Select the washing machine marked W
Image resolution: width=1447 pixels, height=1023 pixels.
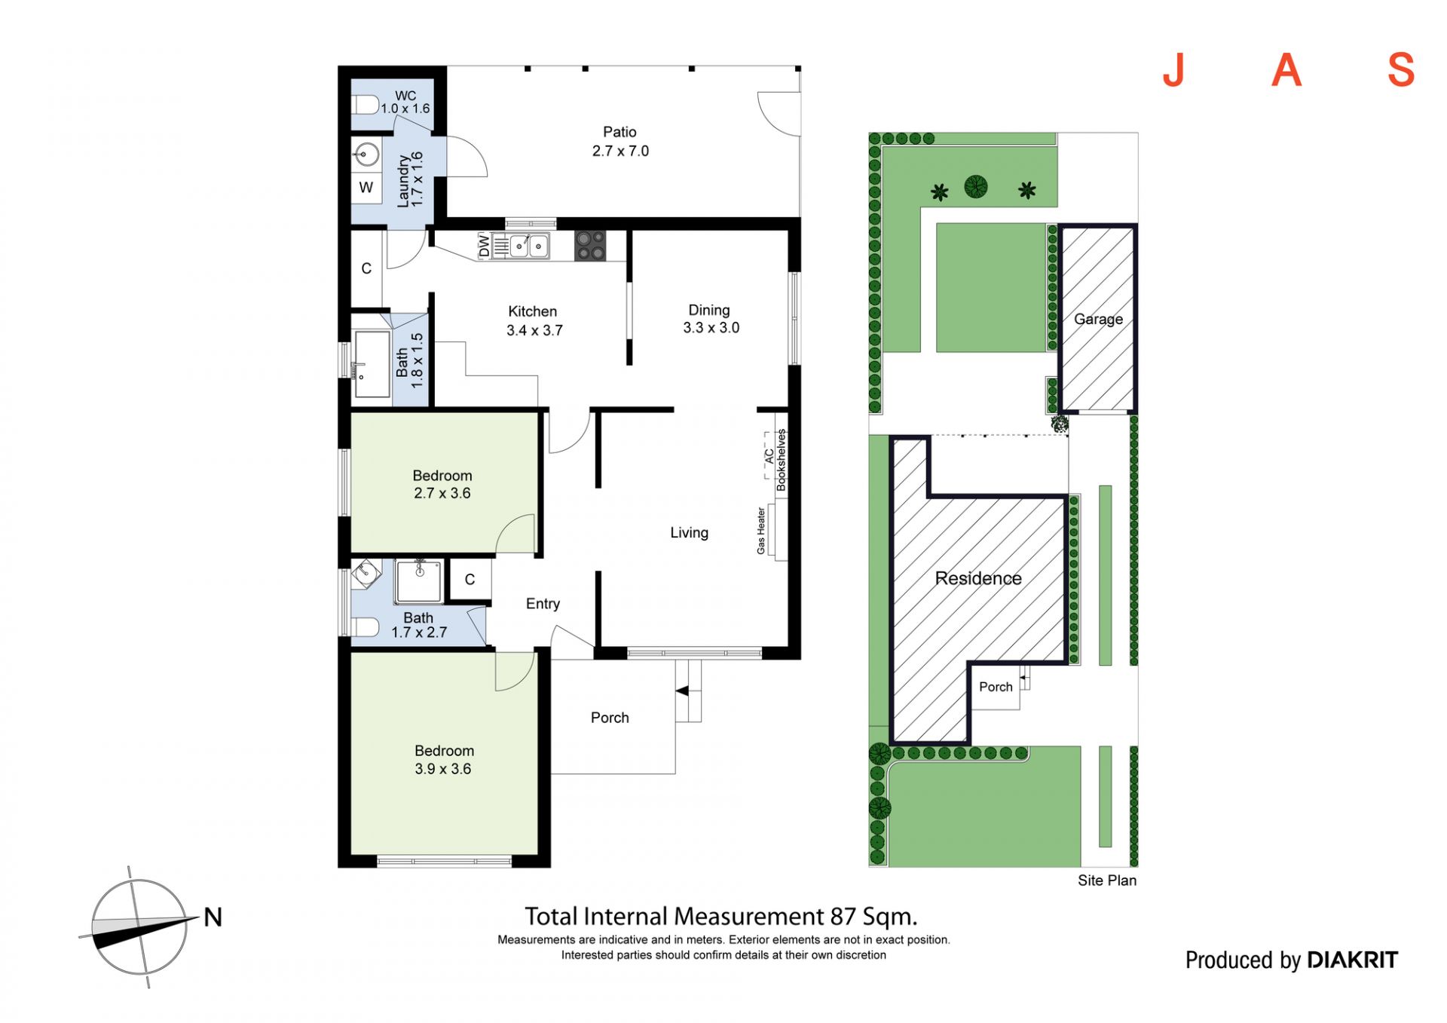click(x=366, y=187)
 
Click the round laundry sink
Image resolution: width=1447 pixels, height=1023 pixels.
click(x=366, y=155)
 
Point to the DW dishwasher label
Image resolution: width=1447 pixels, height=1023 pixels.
click(x=485, y=245)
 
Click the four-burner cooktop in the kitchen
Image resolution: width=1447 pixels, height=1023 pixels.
click(x=590, y=246)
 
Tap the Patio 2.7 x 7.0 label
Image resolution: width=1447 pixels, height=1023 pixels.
click(x=620, y=141)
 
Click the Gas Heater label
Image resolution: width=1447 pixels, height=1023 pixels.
click(x=761, y=531)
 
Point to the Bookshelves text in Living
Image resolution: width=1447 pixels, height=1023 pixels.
click(x=782, y=460)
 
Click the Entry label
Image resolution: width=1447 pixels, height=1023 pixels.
click(x=543, y=604)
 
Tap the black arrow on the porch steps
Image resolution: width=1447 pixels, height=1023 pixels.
click(x=682, y=691)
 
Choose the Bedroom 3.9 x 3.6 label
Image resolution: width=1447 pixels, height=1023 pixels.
click(x=444, y=760)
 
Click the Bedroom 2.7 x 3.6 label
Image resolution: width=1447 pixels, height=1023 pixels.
click(x=442, y=484)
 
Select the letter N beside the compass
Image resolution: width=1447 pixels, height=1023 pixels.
click(x=213, y=917)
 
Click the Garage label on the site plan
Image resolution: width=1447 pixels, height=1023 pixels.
click(x=1098, y=319)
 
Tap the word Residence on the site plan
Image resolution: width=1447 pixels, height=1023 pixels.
click(x=978, y=578)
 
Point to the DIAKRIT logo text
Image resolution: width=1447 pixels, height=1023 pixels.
click(x=1353, y=960)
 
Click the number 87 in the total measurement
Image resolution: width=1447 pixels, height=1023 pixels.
click(x=843, y=917)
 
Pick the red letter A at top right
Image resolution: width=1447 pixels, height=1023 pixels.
click(x=1286, y=70)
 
